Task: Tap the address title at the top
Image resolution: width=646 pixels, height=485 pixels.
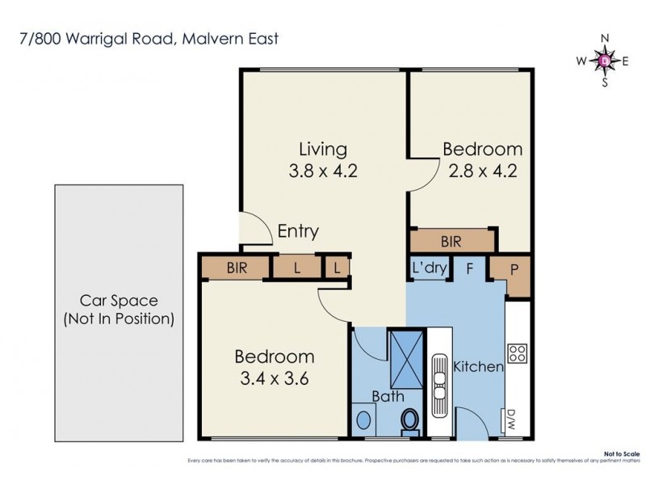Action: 149,38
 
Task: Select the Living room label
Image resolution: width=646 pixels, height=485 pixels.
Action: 323,150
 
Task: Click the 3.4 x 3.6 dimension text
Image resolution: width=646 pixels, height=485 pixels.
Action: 274,377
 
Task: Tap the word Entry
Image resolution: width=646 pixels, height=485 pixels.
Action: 298,231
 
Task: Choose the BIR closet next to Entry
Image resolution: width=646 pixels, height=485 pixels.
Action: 237,268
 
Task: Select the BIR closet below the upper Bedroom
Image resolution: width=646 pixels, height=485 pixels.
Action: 451,241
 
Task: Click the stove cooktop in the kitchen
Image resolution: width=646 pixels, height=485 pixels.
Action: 517,353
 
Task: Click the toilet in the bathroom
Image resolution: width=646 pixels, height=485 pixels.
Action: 410,420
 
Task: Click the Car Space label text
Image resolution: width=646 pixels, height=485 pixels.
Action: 119,310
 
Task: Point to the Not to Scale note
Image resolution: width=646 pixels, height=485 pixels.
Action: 627,454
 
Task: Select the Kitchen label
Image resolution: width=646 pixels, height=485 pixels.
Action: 478,367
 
